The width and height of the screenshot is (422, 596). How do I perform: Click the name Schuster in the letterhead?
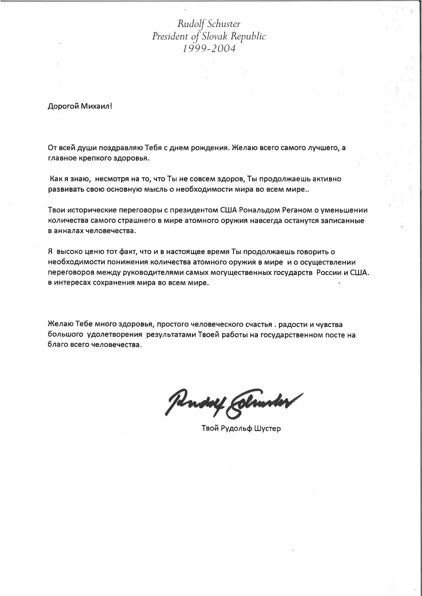tap(223, 24)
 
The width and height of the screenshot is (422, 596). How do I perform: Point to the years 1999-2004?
tap(206, 49)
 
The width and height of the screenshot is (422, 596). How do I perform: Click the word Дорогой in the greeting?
tap(62, 107)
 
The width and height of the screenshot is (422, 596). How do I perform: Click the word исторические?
tap(89, 211)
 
